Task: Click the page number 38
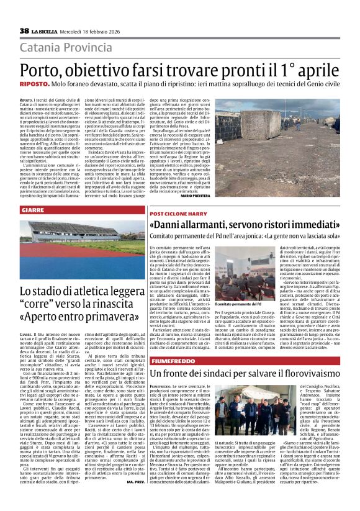coord(24,31)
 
